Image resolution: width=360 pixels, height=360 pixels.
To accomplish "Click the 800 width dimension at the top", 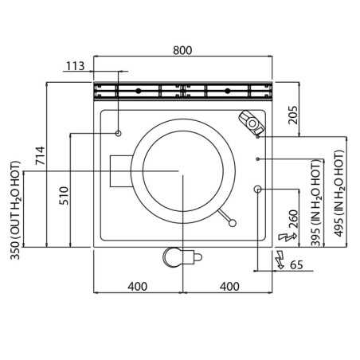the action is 182,50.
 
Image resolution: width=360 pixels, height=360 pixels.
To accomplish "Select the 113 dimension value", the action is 75,66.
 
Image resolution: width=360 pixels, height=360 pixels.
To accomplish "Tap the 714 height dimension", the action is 41,155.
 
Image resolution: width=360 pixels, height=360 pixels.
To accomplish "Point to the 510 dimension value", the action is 64,196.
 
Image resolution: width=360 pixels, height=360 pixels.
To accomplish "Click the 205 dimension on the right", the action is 293,115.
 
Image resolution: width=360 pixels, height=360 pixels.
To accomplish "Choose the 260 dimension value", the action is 294,219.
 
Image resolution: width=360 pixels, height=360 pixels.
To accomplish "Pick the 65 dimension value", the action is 296,265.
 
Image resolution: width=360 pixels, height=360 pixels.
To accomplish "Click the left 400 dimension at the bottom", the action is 137,287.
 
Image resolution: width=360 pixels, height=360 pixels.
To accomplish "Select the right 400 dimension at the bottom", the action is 229,287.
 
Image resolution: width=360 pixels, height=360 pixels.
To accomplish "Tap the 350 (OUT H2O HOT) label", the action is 15,210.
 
